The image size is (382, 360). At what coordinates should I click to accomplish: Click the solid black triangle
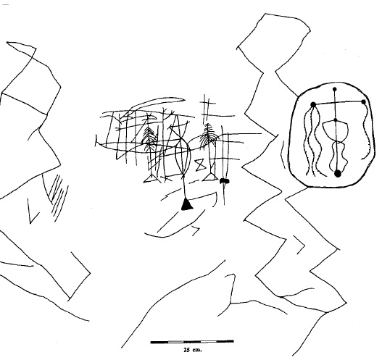pyautogui.click(x=187, y=205)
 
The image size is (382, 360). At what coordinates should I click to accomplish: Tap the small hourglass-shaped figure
pyautogui.click(x=201, y=164)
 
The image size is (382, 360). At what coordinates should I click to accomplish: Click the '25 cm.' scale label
pyautogui.click(x=193, y=350)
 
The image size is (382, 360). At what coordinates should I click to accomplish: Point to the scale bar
pyautogui.click(x=192, y=342)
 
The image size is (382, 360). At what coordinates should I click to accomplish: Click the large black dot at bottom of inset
pyautogui.click(x=338, y=174)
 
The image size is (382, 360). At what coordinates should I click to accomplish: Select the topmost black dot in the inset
pyautogui.click(x=335, y=89)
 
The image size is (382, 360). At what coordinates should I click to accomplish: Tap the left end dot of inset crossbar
pyautogui.click(x=313, y=104)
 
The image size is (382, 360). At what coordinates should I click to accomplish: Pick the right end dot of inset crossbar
pyautogui.click(x=363, y=102)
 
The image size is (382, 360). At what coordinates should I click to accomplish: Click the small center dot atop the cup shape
pyautogui.click(x=336, y=120)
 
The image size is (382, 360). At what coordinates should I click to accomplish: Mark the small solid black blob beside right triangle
pyautogui.click(x=225, y=181)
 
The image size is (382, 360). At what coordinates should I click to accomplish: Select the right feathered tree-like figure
pyautogui.click(x=208, y=135)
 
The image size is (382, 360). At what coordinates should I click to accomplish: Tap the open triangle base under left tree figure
pyautogui.click(x=151, y=179)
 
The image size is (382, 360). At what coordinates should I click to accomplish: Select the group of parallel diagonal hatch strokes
pyautogui.click(x=58, y=197)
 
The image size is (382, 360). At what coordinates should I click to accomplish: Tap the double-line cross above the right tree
pyautogui.click(x=207, y=109)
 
